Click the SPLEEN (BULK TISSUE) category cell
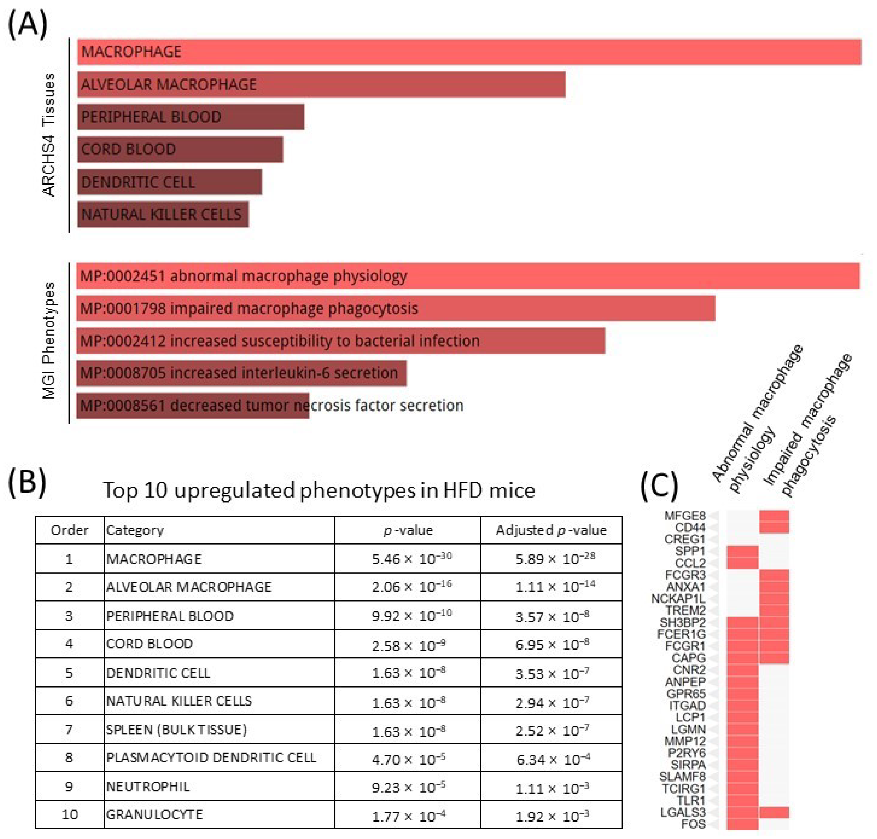177,730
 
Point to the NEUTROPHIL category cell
148,786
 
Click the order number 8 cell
69,758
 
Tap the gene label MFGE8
685,516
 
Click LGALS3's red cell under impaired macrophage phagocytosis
774,812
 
